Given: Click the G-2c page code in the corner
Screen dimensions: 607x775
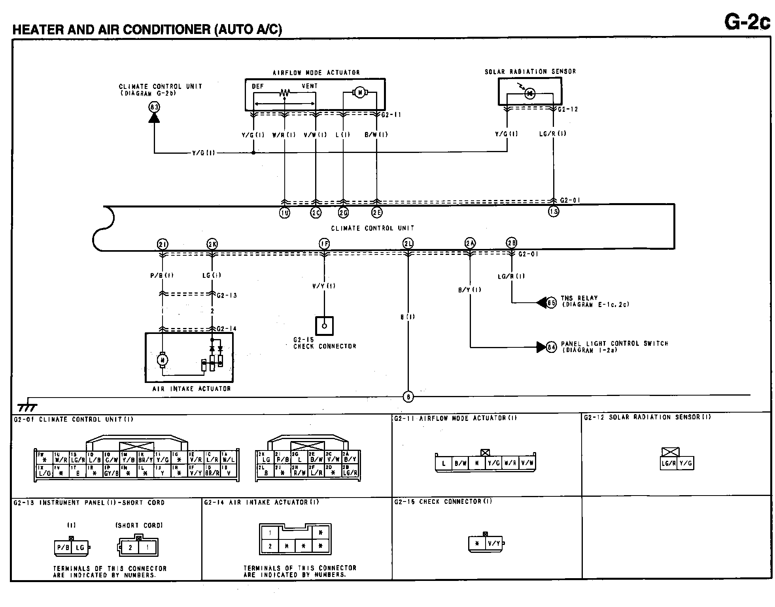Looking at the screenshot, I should (x=747, y=22).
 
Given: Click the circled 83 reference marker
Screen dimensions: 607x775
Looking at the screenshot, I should (x=154, y=107).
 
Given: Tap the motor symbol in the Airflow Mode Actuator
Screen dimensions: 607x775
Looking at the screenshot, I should (x=359, y=92).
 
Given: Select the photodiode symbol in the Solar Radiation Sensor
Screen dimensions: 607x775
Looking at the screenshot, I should (x=529, y=93).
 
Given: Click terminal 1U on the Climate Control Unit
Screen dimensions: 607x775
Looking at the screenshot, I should (x=284, y=213).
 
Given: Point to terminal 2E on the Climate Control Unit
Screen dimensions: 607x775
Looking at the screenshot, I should (x=377, y=213).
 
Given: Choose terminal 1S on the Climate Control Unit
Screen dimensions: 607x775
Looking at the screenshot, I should (x=553, y=212).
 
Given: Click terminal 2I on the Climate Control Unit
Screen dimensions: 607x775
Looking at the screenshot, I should (x=163, y=245).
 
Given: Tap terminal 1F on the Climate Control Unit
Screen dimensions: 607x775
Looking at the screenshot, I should (x=324, y=244).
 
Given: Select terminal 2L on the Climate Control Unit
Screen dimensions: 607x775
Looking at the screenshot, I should (x=408, y=244).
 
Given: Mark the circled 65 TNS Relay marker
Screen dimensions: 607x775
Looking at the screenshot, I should (x=551, y=303).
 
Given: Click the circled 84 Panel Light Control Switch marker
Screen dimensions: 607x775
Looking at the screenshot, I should (x=551, y=347).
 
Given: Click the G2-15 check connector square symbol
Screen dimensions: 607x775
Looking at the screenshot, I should (x=324, y=326).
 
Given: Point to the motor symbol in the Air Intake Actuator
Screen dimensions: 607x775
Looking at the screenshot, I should (x=163, y=360).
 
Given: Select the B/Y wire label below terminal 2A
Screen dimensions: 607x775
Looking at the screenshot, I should (x=469, y=290).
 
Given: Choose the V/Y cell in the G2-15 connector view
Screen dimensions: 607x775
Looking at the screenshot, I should (x=494, y=543).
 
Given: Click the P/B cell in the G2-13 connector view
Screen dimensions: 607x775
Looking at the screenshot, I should (x=63, y=548).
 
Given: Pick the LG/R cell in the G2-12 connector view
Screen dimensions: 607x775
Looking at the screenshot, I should (x=668, y=463).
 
